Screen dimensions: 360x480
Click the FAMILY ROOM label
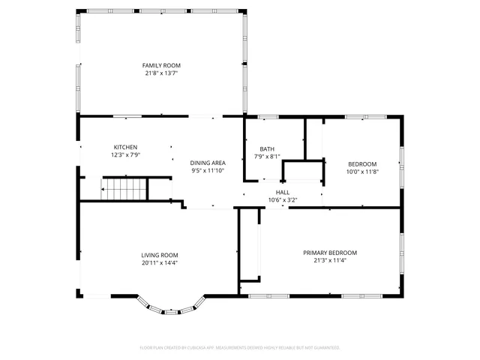pos(162,65)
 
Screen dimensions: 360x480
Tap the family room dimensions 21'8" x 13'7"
pos(162,73)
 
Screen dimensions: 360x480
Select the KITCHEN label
pos(125,147)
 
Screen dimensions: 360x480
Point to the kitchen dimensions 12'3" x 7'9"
pos(125,155)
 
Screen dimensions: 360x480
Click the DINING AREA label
pos(208,163)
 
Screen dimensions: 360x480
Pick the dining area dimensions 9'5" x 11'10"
pos(208,171)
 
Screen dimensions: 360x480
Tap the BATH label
pos(267,148)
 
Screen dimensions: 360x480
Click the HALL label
pos(283,193)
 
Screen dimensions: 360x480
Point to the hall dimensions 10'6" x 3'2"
pos(283,200)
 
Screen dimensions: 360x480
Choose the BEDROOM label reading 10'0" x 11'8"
pos(361,163)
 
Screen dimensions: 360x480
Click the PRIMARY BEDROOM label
pos(330,253)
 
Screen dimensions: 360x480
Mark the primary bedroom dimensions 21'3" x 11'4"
pos(330,262)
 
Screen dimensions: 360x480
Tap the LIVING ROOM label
pos(159,254)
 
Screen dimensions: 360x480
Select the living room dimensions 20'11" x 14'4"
pos(159,262)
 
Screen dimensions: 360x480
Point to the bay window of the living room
pos(171,308)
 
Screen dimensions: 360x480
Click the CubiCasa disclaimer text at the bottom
pos(240,348)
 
